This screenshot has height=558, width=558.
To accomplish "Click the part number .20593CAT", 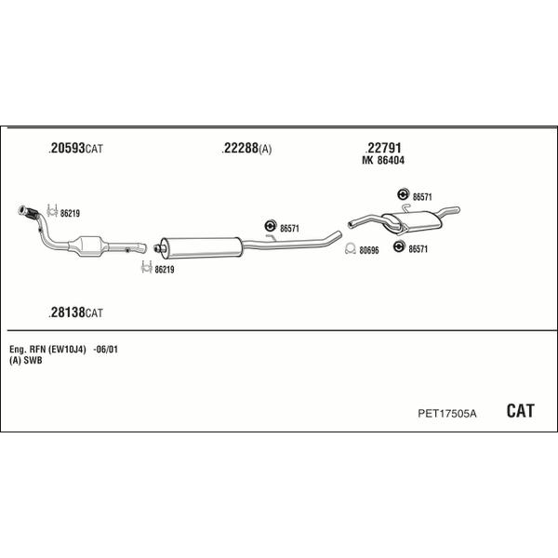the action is click(x=76, y=148).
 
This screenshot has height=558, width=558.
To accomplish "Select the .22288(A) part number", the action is click(x=246, y=149).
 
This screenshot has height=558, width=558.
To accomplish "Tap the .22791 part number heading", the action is click(x=383, y=147).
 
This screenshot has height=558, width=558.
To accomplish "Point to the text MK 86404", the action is click(x=383, y=161).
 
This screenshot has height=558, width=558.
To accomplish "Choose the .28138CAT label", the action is click(x=76, y=312).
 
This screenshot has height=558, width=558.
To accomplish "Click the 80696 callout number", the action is click(x=369, y=250).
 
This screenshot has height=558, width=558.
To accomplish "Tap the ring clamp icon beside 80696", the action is click(x=351, y=248).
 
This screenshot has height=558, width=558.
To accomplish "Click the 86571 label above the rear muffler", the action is click(x=422, y=197).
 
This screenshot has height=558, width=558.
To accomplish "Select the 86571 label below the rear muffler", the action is click(x=418, y=249).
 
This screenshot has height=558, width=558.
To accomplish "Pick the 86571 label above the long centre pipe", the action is click(x=289, y=229).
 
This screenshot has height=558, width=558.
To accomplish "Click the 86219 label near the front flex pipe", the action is click(x=70, y=214).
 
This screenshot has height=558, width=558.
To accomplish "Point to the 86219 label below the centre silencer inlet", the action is click(x=165, y=270).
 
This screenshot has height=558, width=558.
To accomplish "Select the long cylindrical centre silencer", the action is click(x=201, y=247).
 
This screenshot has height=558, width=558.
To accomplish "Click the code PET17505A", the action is click(x=447, y=414).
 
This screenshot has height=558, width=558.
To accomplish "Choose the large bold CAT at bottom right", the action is click(x=520, y=411).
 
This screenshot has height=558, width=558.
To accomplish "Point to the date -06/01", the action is click(x=105, y=350).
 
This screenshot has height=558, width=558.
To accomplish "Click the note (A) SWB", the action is click(x=26, y=361).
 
